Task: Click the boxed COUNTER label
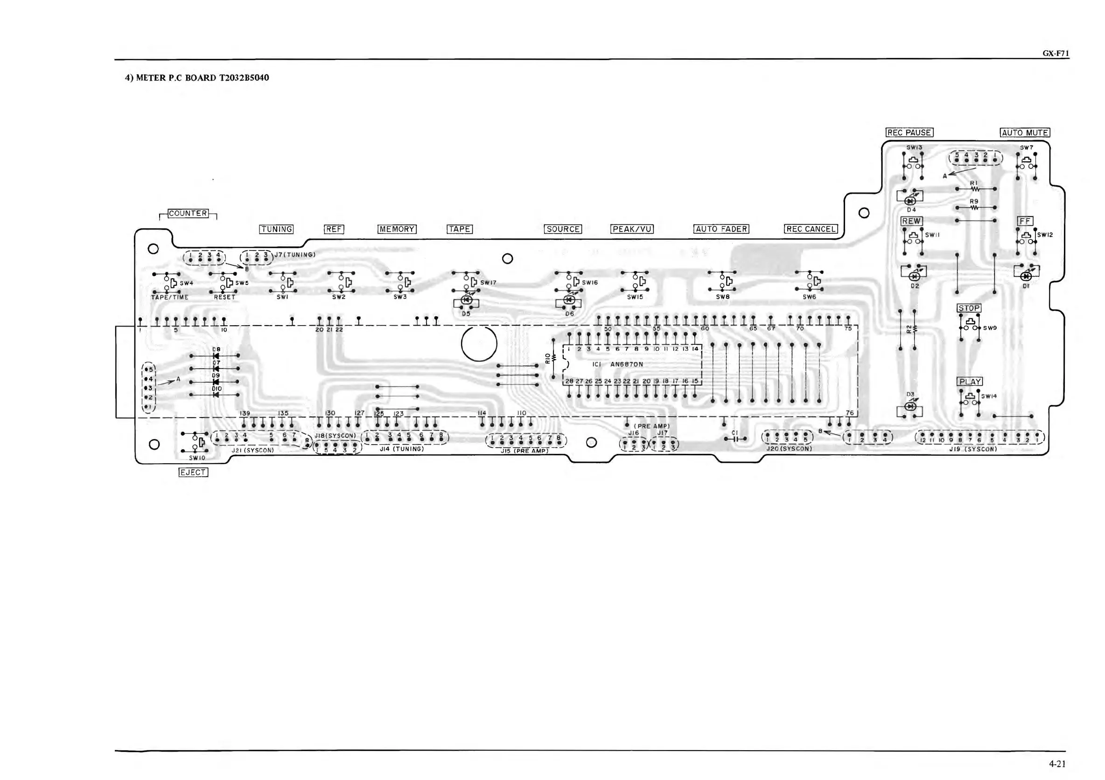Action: (x=188, y=213)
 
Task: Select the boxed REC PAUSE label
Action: (x=909, y=132)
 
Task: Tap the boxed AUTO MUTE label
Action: (x=1025, y=132)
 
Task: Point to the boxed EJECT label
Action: (x=193, y=472)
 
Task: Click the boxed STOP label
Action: (x=969, y=308)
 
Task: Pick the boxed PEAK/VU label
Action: (x=632, y=229)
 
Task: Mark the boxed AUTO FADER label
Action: (x=721, y=229)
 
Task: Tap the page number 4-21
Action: (x=1057, y=763)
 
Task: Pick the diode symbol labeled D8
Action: (x=216, y=356)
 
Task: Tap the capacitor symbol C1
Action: (x=734, y=439)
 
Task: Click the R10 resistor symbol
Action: (x=553, y=358)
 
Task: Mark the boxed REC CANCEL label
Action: (x=811, y=229)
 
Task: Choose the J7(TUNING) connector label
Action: (x=294, y=255)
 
